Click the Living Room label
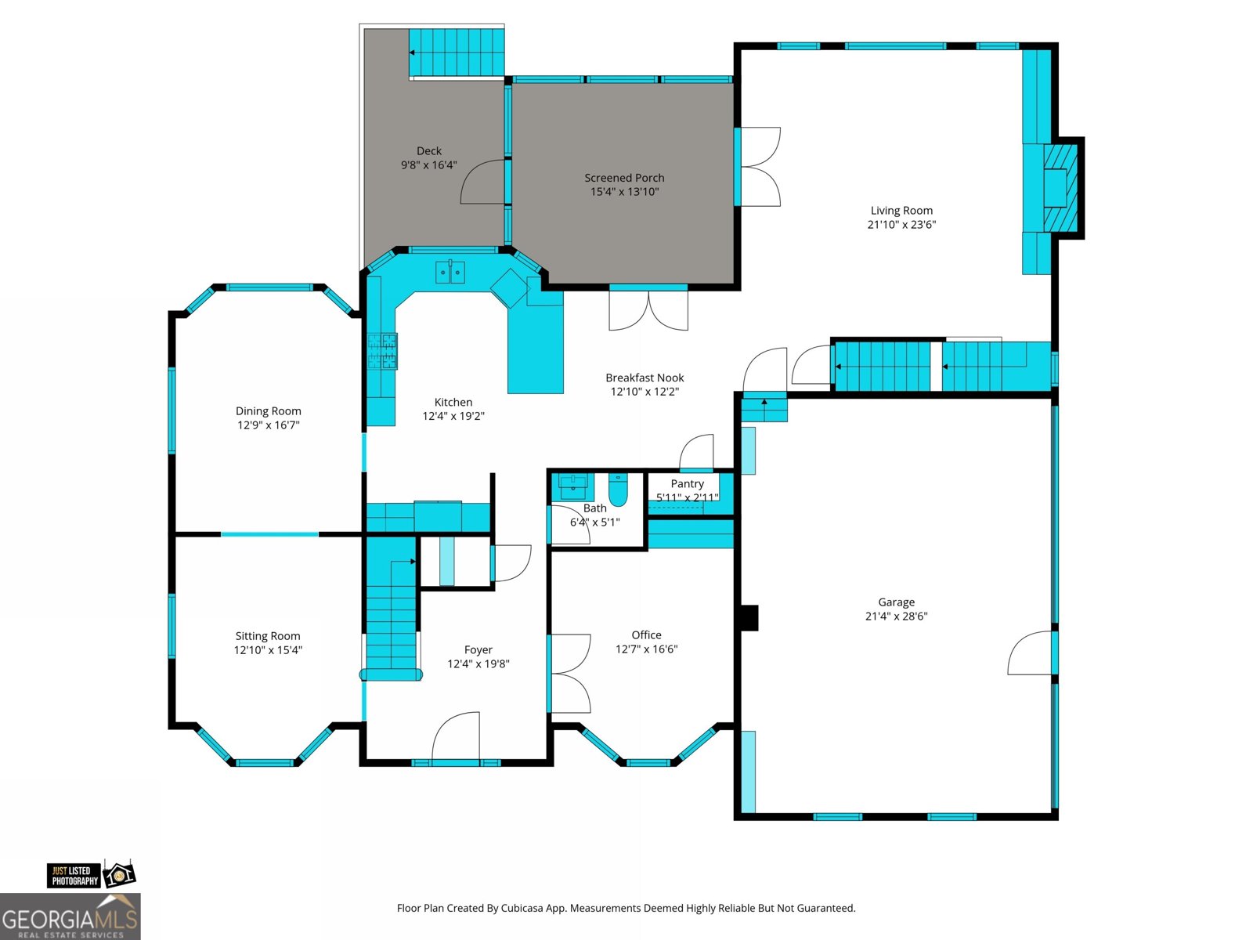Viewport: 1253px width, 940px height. coord(901,211)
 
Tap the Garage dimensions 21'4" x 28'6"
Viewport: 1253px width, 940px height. coord(896,616)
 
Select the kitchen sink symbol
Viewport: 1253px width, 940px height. coord(450,273)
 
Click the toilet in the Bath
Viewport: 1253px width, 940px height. coord(618,489)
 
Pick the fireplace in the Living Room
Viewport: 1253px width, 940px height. coord(1060,188)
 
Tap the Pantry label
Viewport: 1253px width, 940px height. coord(688,483)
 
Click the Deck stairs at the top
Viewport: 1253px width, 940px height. coord(457,52)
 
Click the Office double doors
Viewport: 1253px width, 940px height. coord(569,674)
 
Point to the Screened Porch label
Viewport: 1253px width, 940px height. coord(624,178)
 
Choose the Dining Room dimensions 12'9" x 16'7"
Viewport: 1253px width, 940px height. coord(269,425)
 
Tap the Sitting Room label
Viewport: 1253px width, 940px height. coord(268,636)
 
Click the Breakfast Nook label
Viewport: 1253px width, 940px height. coord(645,378)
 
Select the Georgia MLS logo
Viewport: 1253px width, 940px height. coord(70,916)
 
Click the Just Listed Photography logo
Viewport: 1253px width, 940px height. coord(92,875)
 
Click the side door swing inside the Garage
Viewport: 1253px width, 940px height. coord(1030,653)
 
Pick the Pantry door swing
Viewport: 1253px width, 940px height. coord(696,452)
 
